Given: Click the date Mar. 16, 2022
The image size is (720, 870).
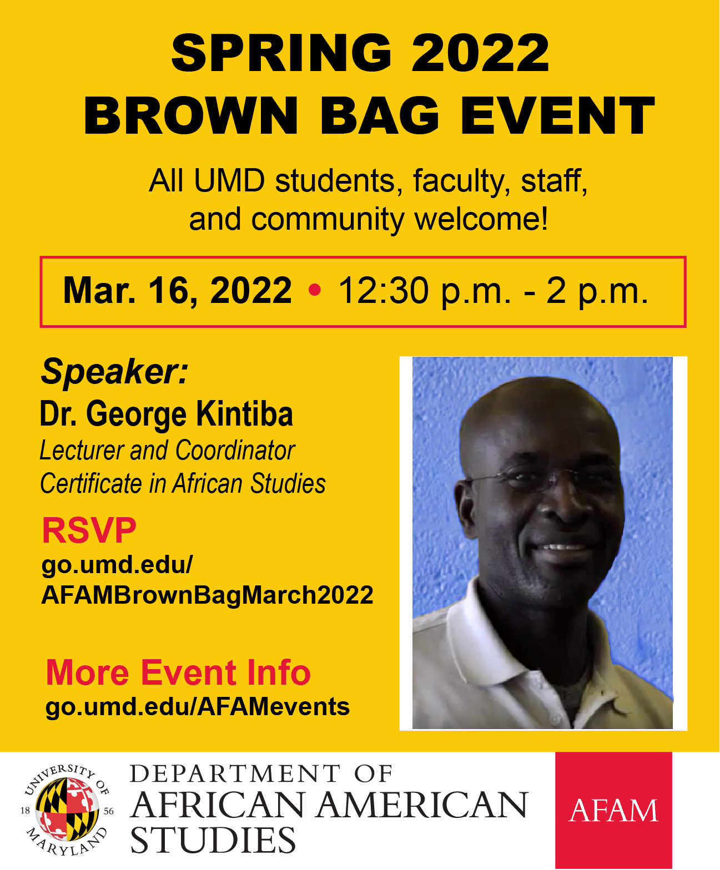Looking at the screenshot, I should (177, 290).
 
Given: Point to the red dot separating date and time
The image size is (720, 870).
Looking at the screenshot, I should (314, 290).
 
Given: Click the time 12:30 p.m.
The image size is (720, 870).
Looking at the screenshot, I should (425, 290).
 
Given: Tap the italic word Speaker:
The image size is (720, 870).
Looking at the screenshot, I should (114, 371).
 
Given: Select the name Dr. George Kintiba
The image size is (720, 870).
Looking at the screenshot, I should (166, 414).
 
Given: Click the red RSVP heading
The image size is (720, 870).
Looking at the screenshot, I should (89, 530).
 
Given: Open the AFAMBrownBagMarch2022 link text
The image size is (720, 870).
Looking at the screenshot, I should (207, 595).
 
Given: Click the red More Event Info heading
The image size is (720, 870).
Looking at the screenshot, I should (178, 672).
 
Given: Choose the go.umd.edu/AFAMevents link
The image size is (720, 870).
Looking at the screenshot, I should (197, 707).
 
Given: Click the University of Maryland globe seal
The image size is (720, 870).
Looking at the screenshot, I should (67, 810).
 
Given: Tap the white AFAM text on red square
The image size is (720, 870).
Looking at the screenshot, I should (613, 811).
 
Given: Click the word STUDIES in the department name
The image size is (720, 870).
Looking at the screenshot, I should (213, 840).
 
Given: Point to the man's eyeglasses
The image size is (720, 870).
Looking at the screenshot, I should (533, 477).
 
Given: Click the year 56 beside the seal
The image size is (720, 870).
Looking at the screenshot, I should (109, 811).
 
